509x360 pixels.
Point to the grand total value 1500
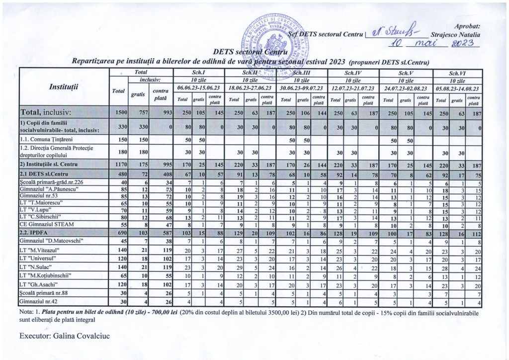pyautogui.click(x=120, y=113)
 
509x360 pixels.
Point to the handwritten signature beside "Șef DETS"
pyautogui.click(x=393, y=34)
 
